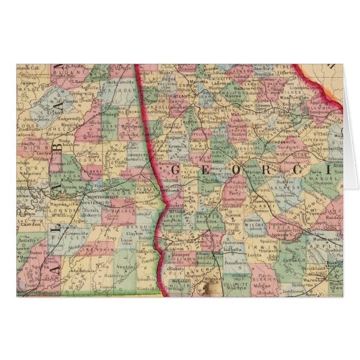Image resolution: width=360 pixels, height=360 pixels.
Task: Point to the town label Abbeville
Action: coord(143,251)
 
